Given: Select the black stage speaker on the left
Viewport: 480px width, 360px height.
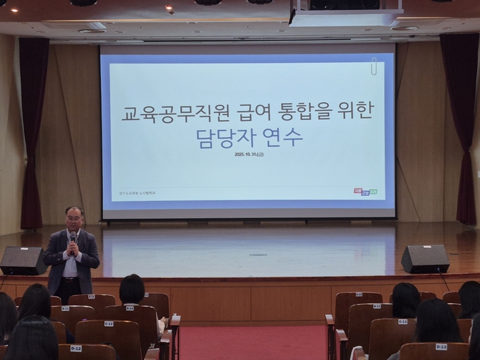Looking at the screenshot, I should tap(23, 260).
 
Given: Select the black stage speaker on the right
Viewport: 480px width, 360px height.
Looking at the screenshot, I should tap(425, 259).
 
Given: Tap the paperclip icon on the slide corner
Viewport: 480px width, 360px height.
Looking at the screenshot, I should tap(373, 66).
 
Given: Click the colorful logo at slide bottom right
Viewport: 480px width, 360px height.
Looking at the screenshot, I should tap(365, 191).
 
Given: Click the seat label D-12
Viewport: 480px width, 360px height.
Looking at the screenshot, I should tap(76, 349).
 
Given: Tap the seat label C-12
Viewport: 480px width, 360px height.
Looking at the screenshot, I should tap(109, 323).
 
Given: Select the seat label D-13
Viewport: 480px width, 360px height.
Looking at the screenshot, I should tap(441, 347).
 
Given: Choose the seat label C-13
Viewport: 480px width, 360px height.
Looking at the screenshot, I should tap(402, 321).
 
